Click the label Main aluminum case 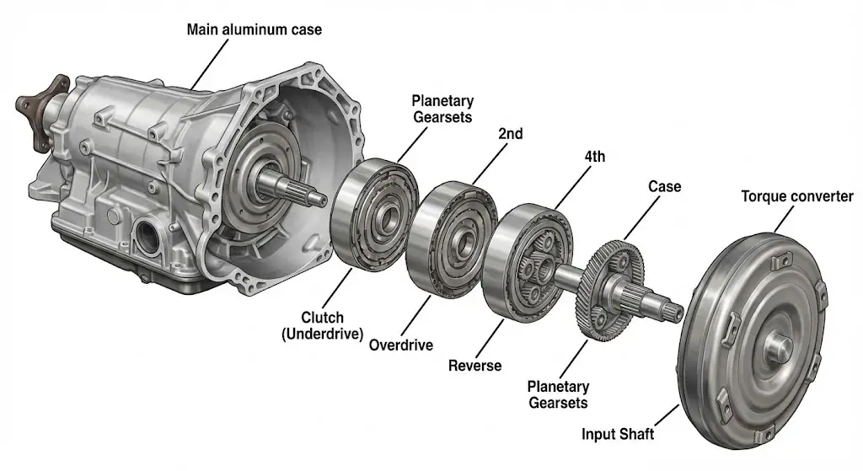[x=255, y=29]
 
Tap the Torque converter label [x=797, y=196]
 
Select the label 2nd [x=510, y=134]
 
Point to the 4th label [x=594, y=157]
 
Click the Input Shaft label [x=618, y=434]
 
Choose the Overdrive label [x=400, y=345]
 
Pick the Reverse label [x=475, y=366]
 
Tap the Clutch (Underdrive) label [x=323, y=326]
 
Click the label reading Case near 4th [x=664, y=186]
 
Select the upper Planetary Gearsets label [x=442, y=109]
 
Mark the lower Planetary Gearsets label [x=558, y=394]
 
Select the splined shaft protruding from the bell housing [x=291, y=186]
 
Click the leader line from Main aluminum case [x=209, y=64]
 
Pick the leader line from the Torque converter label [x=785, y=219]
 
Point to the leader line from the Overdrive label [x=416, y=315]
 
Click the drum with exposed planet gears [x=528, y=262]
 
